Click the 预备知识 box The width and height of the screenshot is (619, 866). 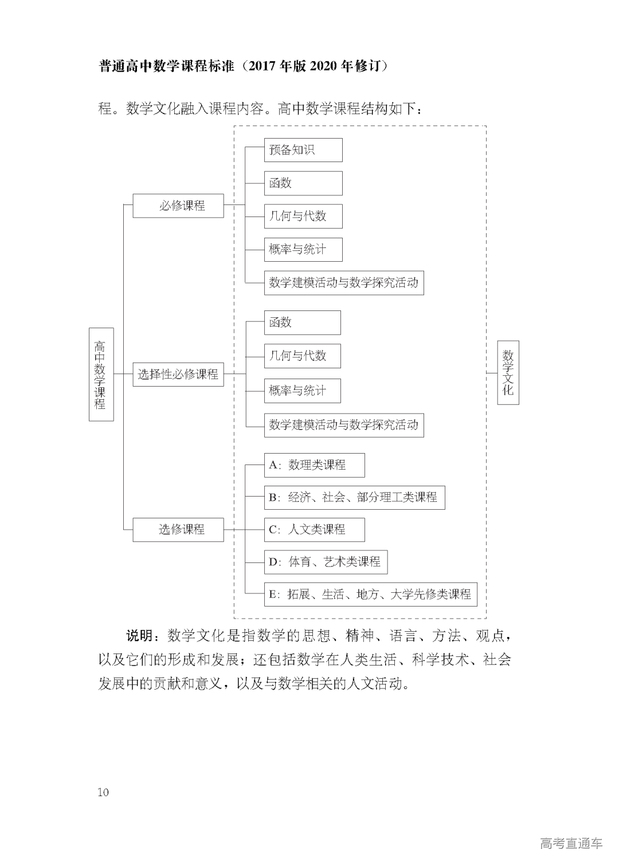[x=303, y=150]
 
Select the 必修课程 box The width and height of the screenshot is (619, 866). [x=178, y=206]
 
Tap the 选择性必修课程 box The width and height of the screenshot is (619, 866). [x=178, y=375]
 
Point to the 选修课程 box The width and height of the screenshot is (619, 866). [x=178, y=529]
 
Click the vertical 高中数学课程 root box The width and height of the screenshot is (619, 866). [x=101, y=375]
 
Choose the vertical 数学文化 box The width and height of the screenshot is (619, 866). [x=508, y=373]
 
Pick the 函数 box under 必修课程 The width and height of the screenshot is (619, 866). [x=303, y=183]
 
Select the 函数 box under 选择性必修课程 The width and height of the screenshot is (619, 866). [x=302, y=322]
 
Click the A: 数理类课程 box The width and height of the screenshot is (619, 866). [x=314, y=465]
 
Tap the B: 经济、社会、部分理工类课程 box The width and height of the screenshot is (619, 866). [x=354, y=497]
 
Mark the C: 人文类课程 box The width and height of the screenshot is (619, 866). [x=314, y=529]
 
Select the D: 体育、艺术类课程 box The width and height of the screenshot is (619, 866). [x=326, y=562]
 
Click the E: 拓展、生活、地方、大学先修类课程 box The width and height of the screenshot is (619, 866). [x=370, y=595]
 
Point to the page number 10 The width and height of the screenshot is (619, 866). [x=103, y=793]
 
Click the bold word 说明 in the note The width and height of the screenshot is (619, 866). [x=139, y=636]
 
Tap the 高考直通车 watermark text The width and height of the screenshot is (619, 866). [x=571, y=843]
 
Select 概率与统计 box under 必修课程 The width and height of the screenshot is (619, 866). [x=303, y=250]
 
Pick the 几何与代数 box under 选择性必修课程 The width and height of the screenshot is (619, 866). [x=302, y=356]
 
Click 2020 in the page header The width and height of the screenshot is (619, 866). [x=324, y=66]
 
